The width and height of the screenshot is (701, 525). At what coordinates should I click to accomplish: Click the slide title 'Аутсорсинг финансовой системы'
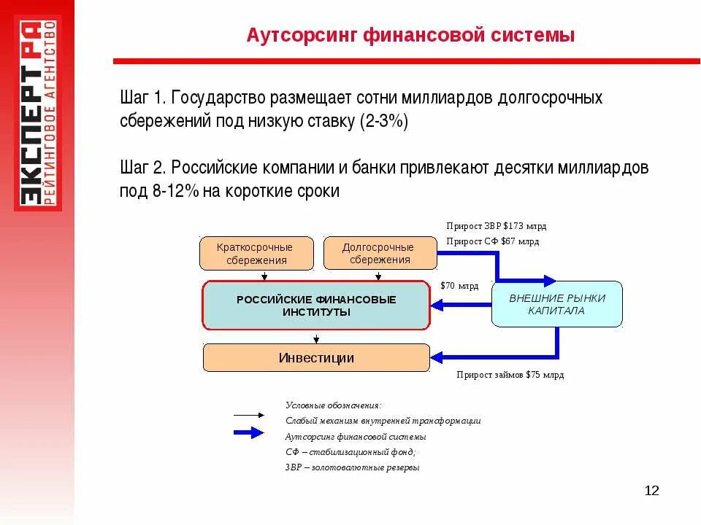(410, 34)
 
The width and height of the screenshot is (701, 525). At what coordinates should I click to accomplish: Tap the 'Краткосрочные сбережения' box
(256, 254)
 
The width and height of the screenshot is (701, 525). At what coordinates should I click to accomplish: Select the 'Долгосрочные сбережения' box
(380, 254)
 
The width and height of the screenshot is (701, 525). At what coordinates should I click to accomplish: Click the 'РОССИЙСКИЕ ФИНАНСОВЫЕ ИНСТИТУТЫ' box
(315, 306)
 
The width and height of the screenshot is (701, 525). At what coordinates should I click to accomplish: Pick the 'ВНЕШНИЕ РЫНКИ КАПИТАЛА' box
(556, 304)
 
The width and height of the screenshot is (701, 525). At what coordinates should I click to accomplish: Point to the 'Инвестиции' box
(315, 358)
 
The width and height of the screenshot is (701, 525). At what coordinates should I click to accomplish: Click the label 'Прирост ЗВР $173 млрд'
(496, 226)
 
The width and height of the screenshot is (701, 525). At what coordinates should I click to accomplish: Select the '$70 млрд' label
(459, 286)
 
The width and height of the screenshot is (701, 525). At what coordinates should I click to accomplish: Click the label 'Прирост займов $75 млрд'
(510, 375)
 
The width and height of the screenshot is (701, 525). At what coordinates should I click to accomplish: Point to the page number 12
(651, 490)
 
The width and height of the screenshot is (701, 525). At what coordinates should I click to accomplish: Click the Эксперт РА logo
(38, 113)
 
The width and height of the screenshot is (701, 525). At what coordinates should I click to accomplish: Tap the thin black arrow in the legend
(248, 415)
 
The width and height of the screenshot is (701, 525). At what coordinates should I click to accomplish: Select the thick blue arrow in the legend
(248, 432)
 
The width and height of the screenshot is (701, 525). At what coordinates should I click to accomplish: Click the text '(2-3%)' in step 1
(383, 121)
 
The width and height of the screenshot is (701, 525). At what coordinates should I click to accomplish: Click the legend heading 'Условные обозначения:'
(333, 405)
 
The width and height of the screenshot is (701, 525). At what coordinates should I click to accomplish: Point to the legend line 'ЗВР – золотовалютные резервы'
(352, 468)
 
